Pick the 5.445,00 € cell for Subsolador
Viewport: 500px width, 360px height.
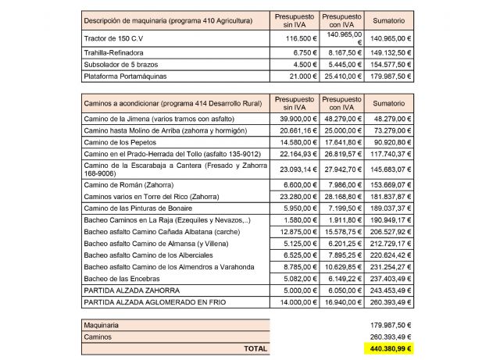click(341, 64)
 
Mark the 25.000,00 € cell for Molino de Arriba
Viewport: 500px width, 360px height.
click(341, 130)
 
